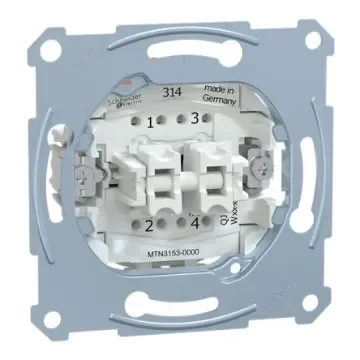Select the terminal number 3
193,117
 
